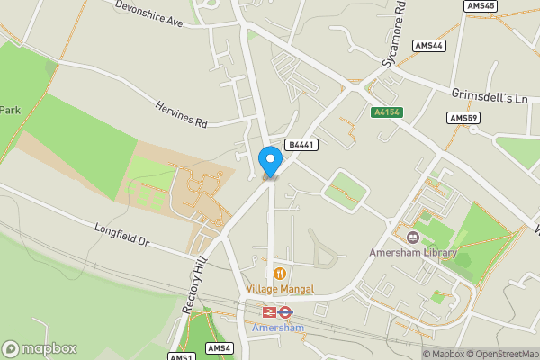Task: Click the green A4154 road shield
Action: pos(386,112)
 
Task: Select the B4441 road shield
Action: pos(300,144)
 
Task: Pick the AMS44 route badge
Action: pos(429,45)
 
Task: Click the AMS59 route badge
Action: pos(463,118)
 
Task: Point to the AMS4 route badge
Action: pos(219,348)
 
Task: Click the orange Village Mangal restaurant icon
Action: pos(280,273)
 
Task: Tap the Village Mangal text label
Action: pos(280,289)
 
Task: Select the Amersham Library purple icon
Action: pos(413,238)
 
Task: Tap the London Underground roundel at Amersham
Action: pos(285,312)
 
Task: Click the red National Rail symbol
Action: pos(268,312)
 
